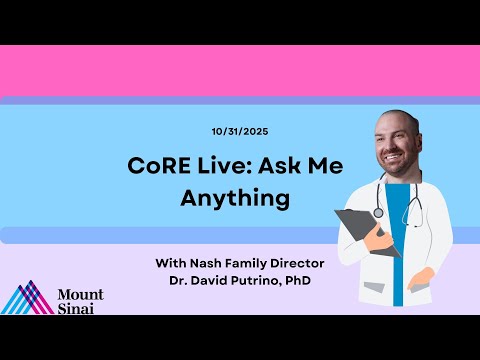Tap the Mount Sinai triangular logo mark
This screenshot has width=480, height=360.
click(x=28, y=299)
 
